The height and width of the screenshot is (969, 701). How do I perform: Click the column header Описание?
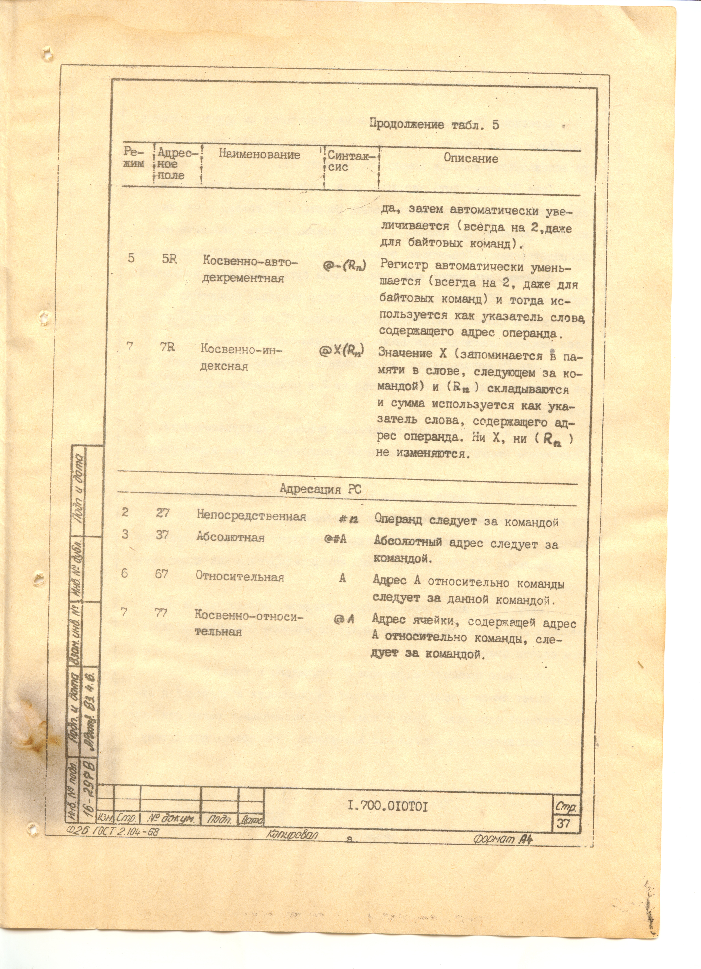pos(470,159)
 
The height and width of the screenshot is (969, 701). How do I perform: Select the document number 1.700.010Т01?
pos(387,806)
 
